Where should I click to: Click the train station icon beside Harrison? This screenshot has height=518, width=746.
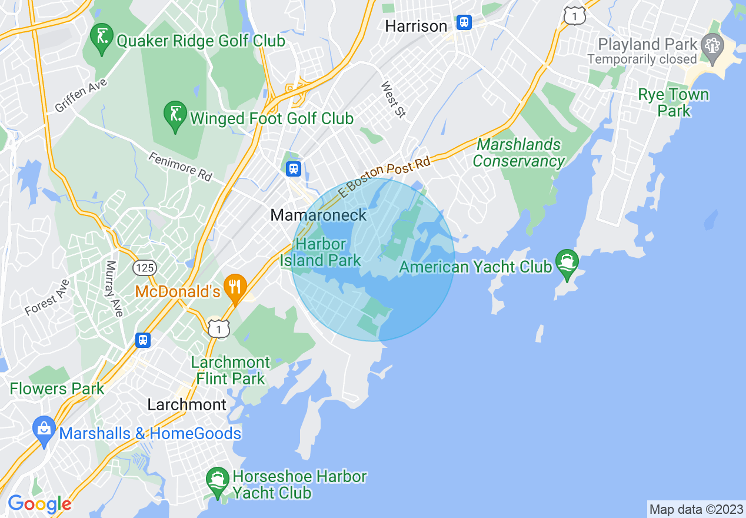464,23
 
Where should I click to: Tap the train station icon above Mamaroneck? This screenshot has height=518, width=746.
293,169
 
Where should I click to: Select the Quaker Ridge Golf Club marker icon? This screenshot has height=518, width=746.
102,38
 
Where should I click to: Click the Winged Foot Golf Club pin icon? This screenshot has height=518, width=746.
175,115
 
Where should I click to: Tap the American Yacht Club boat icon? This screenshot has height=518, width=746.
567,263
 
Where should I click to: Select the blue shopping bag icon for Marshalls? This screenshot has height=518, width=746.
45,430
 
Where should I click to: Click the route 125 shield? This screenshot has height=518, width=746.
144,268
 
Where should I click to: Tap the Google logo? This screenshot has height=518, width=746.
39,504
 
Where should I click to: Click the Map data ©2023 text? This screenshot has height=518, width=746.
696,509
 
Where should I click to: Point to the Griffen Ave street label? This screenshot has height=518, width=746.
81,96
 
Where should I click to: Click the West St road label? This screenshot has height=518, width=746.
393,99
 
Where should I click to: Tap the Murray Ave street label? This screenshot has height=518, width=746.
115,288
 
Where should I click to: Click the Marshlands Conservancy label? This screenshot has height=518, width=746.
518,152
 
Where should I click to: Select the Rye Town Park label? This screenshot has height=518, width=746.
674,102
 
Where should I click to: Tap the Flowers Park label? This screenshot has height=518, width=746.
57,388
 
